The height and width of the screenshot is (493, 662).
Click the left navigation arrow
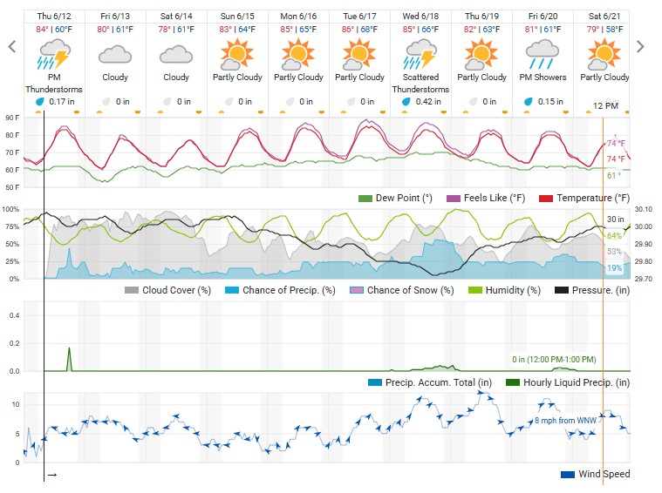[x=11, y=47]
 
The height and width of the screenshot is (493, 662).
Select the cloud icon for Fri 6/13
[x=114, y=55]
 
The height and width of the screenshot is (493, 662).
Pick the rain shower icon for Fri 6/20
[x=542, y=55]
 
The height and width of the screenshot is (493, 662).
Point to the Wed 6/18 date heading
[x=420, y=16]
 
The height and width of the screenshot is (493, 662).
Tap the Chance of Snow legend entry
[x=400, y=290]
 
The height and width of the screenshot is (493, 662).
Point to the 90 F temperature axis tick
[x=11, y=118]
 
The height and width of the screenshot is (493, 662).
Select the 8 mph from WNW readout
[x=566, y=421]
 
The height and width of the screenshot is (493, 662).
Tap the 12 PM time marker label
[x=604, y=105]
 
